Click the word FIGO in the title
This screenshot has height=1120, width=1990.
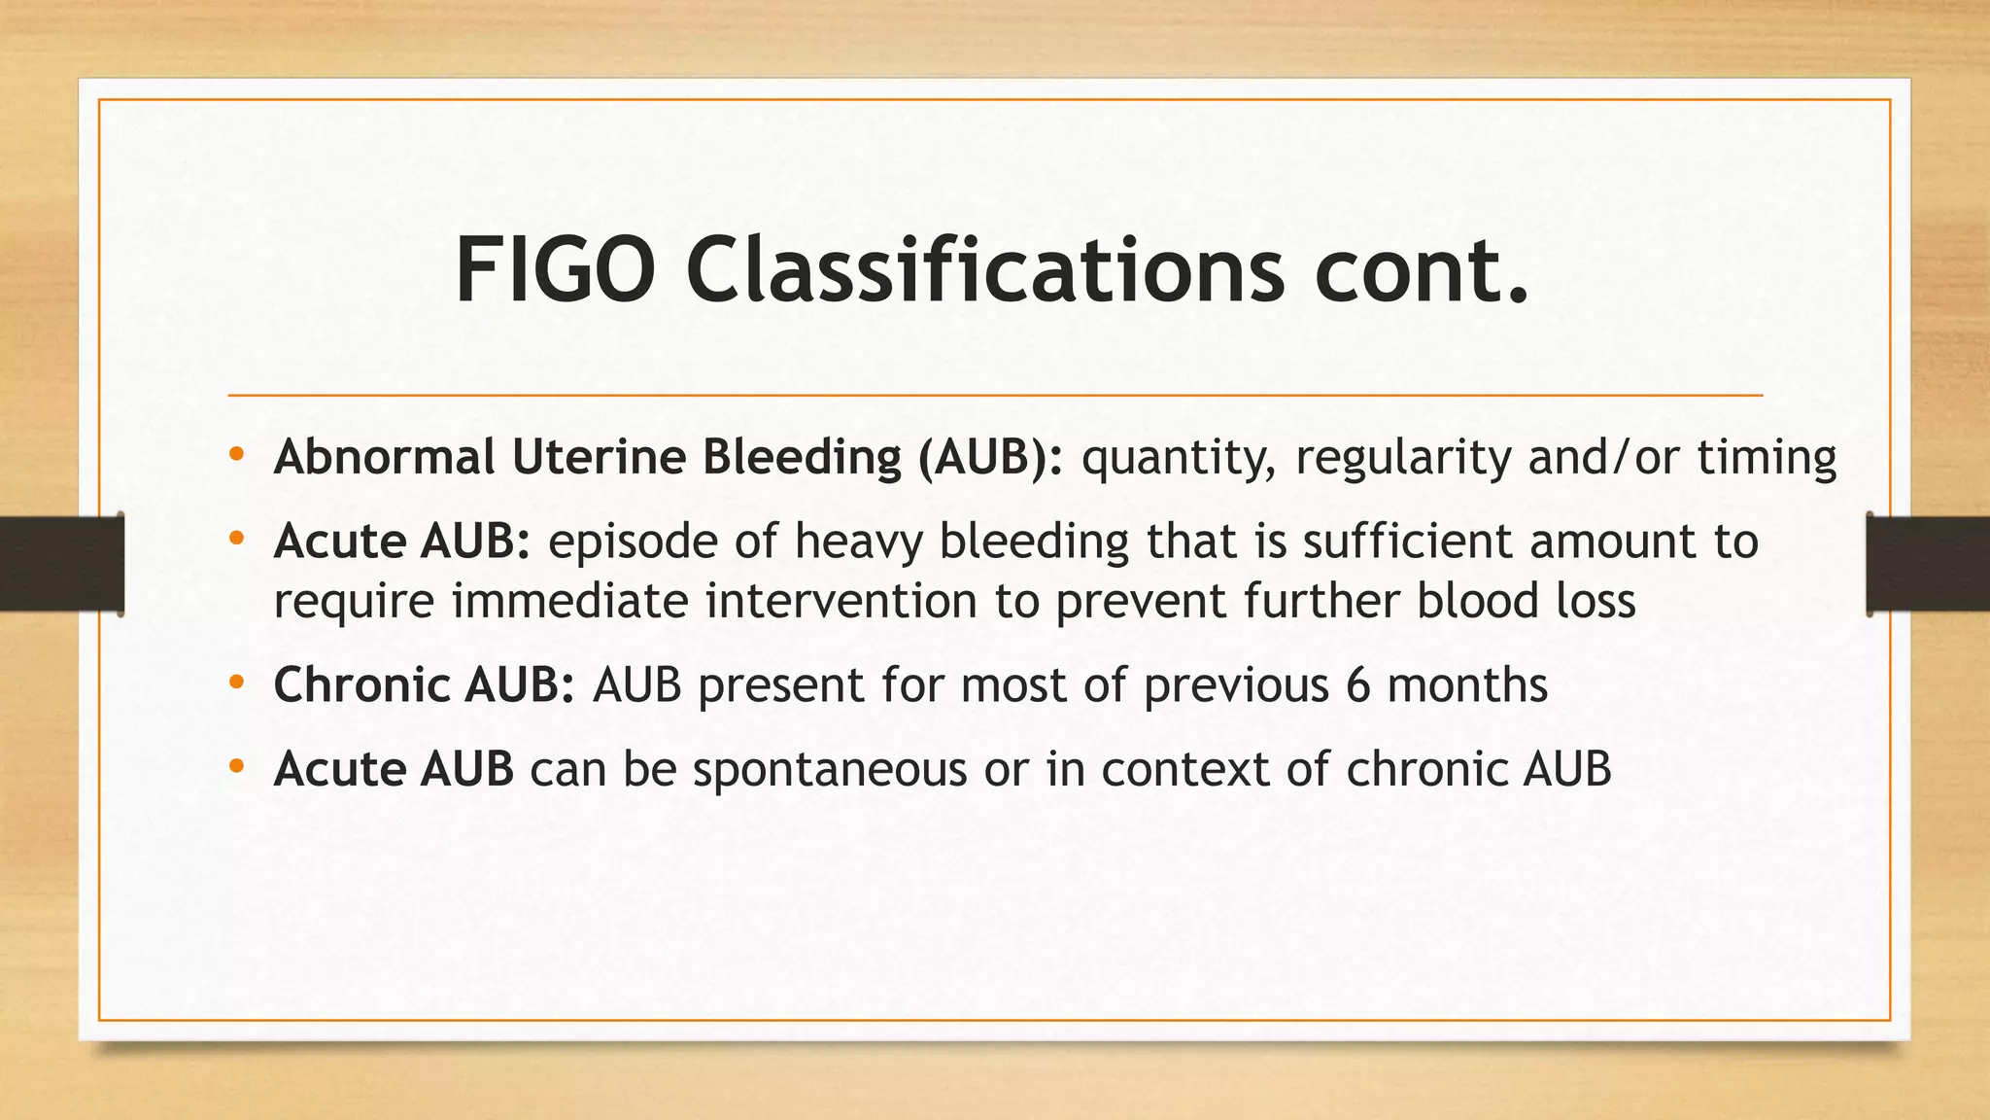555,271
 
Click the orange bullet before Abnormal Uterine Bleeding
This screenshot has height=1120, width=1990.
236,454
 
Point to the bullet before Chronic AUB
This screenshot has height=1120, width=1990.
236,683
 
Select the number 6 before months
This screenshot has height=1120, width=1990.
1357,685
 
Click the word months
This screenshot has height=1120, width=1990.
1467,685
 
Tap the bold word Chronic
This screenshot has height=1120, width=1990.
360,685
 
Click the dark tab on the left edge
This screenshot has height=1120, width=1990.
61,564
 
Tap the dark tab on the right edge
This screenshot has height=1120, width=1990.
1928,564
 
